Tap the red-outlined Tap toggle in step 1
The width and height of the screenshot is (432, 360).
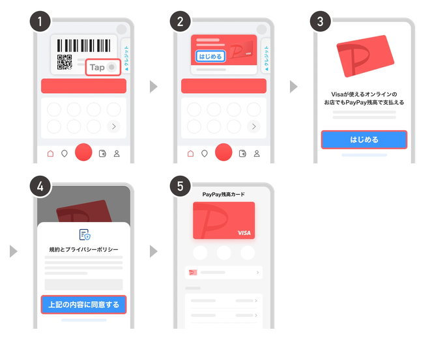(103, 67)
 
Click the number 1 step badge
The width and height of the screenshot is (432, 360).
(40, 21)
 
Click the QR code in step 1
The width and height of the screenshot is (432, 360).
(65, 62)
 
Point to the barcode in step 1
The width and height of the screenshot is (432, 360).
(84, 46)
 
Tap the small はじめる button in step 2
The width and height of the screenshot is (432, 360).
(210, 57)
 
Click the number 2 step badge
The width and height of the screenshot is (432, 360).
(180, 21)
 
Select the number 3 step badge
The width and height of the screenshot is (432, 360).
(321, 21)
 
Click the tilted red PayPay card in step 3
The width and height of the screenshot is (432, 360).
(365, 57)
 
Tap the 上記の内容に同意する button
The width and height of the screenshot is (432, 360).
(84, 305)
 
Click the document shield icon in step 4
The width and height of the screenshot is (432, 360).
(85, 234)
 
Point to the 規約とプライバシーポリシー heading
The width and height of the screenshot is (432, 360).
(84, 249)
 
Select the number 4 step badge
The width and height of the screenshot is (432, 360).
(40, 186)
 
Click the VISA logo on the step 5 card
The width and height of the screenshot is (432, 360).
(244, 233)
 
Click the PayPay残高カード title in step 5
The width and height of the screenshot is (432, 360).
(223, 194)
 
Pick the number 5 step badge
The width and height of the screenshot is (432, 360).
(180, 186)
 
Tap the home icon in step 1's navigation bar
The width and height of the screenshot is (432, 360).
(50, 153)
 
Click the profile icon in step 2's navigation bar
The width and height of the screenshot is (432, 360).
(257, 153)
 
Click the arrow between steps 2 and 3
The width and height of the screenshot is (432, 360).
(294, 87)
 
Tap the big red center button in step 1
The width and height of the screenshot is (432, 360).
(83, 152)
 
